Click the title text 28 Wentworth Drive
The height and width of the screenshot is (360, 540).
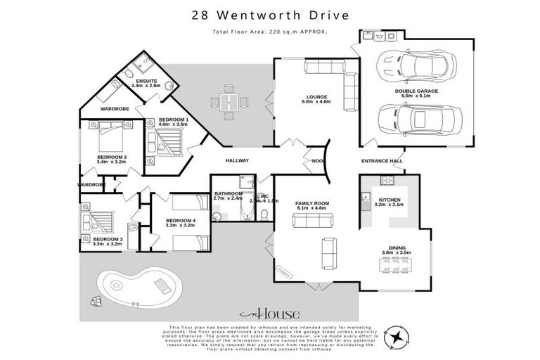[270, 15]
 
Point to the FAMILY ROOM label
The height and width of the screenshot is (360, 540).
[312, 203]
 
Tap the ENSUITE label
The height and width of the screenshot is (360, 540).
[146, 82]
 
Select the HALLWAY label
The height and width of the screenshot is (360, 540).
[237, 160]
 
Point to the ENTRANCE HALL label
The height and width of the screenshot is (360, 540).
[382, 161]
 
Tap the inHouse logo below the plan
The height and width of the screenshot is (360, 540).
[270, 314]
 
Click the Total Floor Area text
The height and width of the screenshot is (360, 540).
[270, 32]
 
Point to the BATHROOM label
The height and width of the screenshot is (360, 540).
[229, 194]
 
